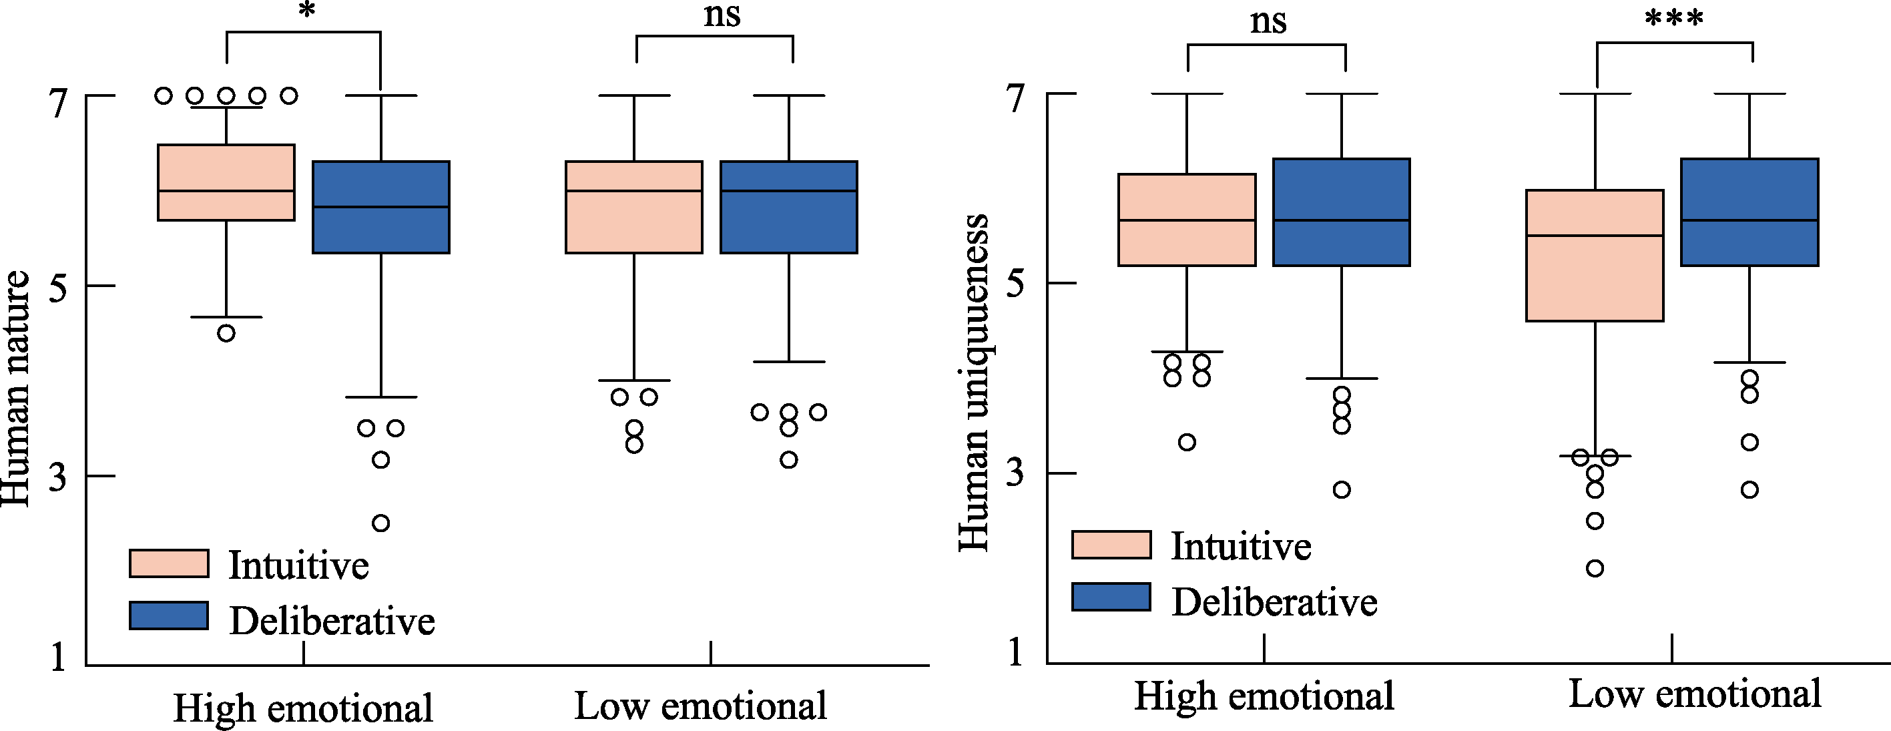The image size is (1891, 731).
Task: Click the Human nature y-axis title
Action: tap(16, 389)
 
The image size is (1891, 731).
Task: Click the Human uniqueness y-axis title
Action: tap(975, 382)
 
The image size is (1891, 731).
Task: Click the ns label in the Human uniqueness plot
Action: tap(1268, 22)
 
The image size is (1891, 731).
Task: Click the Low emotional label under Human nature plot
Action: tap(700, 706)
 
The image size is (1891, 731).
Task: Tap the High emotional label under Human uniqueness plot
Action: tap(1264, 696)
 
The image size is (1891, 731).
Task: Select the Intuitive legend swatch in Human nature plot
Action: tap(169, 563)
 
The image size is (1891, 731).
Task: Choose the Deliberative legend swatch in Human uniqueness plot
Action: tap(1111, 597)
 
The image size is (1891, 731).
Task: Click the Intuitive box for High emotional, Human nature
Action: tap(226, 182)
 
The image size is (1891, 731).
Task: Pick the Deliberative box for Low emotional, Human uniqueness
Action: tap(1749, 212)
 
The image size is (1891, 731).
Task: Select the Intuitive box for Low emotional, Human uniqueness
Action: tap(1595, 256)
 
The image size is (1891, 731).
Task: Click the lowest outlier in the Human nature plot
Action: tap(380, 523)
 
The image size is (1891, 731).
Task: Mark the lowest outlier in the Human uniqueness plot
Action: tap(1595, 568)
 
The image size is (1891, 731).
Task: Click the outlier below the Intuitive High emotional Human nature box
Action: tap(226, 333)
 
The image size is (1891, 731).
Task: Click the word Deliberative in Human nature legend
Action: tap(332, 622)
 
